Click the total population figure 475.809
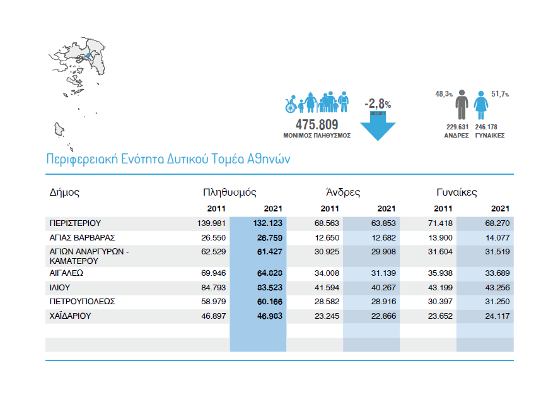click(x=317, y=124)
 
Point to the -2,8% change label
click(x=377, y=103)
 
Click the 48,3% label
click(x=444, y=93)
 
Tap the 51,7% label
click(x=500, y=93)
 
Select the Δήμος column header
click(x=64, y=192)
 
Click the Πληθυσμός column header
click(x=230, y=192)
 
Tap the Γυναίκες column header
click(x=457, y=192)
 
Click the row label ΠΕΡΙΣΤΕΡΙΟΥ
click(x=75, y=223)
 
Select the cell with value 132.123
click(x=267, y=223)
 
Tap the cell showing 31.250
click(x=497, y=302)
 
